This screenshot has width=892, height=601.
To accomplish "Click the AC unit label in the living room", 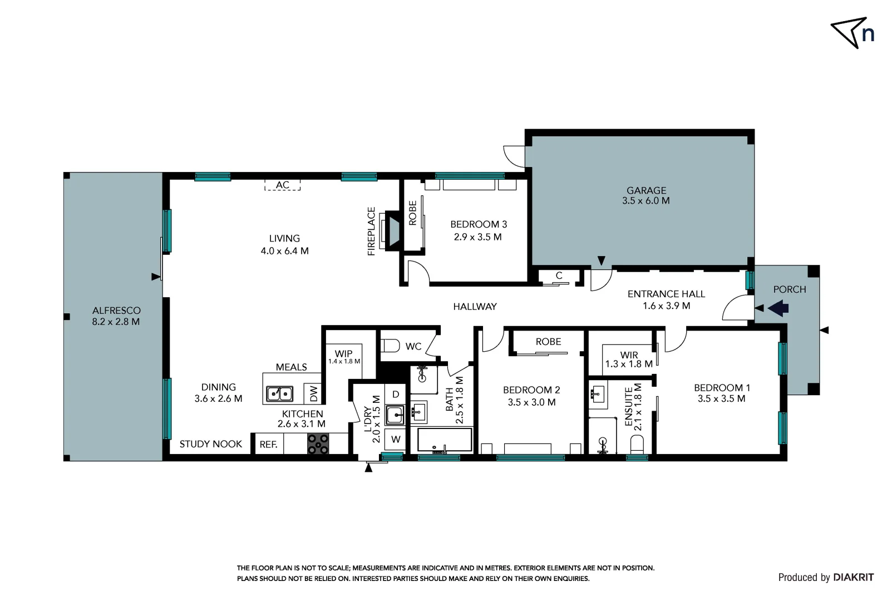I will click(282, 185).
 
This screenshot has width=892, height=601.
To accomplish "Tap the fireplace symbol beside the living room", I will click(393, 231).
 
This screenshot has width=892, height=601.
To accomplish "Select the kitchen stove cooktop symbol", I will click(318, 444).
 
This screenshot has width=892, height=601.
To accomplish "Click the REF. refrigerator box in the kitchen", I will click(268, 445).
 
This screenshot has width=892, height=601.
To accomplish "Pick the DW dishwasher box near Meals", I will click(313, 393).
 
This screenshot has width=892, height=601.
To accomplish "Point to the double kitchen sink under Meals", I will click(280, 393).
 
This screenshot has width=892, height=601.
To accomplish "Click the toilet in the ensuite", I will click(637, 445).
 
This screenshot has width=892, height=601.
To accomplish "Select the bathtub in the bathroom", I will click(444, 441).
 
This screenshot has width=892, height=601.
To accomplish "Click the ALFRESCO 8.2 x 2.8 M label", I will click(116, 316).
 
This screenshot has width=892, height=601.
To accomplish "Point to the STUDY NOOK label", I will click(210, 444).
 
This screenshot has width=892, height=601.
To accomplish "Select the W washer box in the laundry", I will click(396, 440).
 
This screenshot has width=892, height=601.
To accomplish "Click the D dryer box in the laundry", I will click(396, 395).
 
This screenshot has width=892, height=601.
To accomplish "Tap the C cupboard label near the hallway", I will click(559, 275).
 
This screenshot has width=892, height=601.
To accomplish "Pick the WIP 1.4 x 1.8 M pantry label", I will click(344, 357).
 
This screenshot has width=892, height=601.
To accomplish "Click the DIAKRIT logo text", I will click(853, 578).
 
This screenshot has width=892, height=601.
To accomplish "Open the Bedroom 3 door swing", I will click(417, 272).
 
